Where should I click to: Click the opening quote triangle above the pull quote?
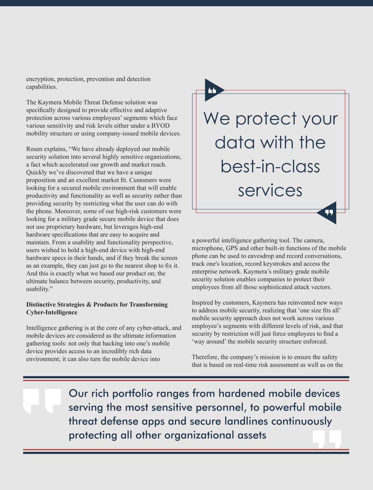[212, 90]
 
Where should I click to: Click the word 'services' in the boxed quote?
[270, 190]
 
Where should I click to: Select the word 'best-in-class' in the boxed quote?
[270, 166]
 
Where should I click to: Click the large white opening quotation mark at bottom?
[42, 401]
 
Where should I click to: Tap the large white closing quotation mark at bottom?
[327, 439]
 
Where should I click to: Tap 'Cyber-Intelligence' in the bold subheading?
[52, 313]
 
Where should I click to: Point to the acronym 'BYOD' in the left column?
[160, 126]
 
